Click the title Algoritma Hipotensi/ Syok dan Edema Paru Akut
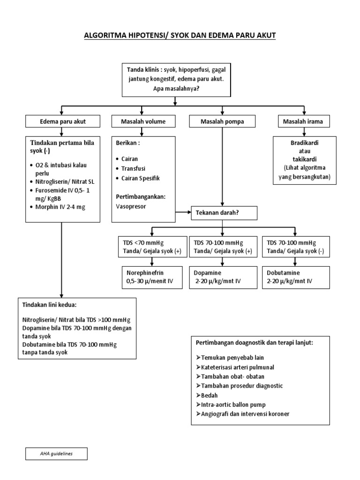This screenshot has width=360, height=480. coord(180,36)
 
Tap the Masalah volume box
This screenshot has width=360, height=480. coord(143,122)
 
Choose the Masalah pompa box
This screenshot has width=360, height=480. coord(223,122)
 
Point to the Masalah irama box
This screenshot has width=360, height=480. coord(303,122)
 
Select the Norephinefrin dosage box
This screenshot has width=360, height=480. coord(150,277)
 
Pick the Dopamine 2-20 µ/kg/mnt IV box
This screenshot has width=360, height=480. coord(223,277)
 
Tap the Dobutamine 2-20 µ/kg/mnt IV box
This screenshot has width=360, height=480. coord(295,277)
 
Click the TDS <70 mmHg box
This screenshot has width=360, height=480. coord(150,247)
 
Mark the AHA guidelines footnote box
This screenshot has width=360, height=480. coord(57,454)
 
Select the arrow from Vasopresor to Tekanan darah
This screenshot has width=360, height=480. coord(183,212)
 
